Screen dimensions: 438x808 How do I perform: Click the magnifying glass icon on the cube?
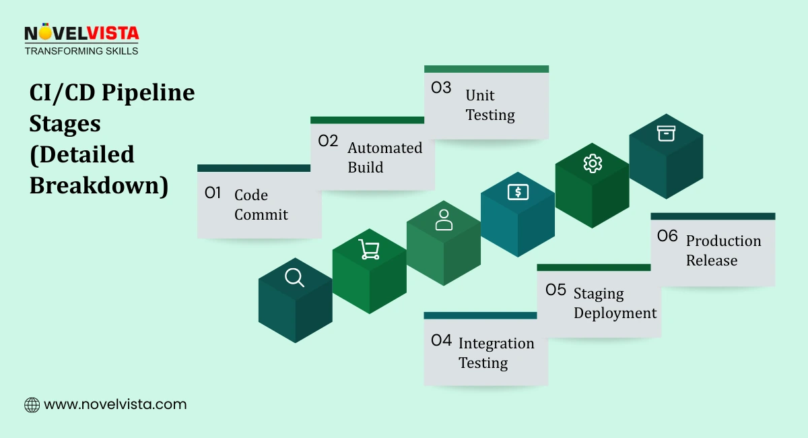[295, 278]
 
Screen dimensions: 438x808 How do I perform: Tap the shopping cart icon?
[369, 249]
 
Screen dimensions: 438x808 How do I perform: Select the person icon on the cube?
[444, 220]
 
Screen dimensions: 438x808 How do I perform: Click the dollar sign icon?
[518, 191]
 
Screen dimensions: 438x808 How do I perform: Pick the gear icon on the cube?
[593, 163]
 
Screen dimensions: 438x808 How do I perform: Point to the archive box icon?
[666, 133]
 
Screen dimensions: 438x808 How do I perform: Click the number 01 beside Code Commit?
[213, 193]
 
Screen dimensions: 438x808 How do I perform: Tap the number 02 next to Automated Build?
[328, 142]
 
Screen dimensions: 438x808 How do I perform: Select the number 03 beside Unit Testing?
[441, 88]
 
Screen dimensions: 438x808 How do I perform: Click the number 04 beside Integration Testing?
[441, 341]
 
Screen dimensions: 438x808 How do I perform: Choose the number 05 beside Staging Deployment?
[555, 290]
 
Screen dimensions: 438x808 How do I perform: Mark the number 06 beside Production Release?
[667, 237]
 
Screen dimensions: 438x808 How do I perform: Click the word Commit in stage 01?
[261, 215]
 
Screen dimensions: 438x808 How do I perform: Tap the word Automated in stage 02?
[385, 148]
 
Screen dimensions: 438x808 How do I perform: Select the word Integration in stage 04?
[496, 344]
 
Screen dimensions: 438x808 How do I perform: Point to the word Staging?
[599, 294]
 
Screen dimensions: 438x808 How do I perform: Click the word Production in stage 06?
[723, 241]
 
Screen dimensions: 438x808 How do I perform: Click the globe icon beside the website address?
[32, 405]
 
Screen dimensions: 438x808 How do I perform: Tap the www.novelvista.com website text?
[115, 405]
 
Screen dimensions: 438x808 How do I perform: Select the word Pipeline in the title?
[148, 93]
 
